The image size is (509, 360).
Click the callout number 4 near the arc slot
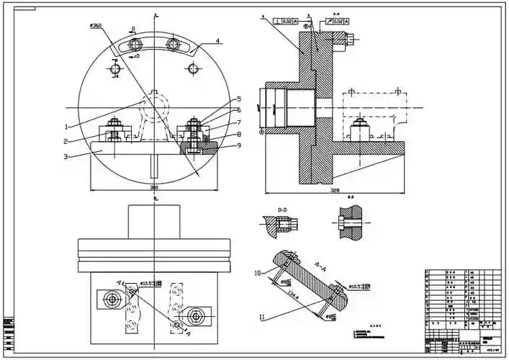coord(218,41)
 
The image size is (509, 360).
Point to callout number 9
coord(240,146)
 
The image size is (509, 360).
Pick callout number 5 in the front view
coord(239,99)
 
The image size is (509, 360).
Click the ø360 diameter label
coord(96,25)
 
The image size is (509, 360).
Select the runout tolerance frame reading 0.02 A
coord(337,22)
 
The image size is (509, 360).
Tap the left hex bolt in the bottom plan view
coord(112,300)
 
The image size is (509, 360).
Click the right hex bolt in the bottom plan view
coord(194,314)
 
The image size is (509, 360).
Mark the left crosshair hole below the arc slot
coord(115,69)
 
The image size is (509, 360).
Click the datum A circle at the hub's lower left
coord(261,132)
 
